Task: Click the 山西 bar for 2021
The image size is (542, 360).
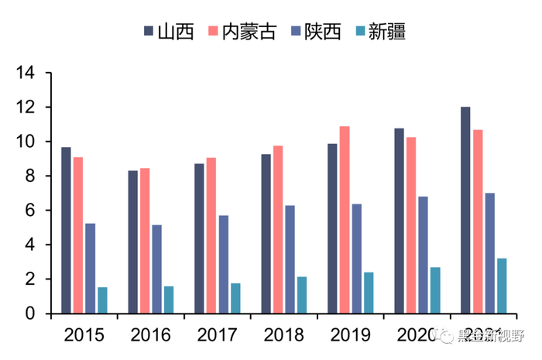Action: point(465,210)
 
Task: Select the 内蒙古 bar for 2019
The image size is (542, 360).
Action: point(345,220)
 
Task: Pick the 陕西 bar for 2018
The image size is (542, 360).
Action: point(290,259)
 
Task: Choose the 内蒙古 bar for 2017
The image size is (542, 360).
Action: point(211,235)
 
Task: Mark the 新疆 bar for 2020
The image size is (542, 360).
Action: point(435,290)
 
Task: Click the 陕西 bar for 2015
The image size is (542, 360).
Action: point(91,268)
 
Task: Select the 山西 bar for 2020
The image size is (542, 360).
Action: point(400,221)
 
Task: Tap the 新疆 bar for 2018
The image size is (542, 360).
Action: point(302,295)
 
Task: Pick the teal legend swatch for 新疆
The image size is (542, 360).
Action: point(358,32)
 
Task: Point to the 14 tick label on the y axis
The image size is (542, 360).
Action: point(26,74)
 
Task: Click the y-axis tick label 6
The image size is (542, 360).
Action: point(30,211)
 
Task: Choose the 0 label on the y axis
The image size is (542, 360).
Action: point(30,314)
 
